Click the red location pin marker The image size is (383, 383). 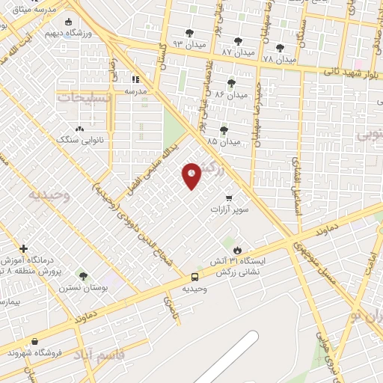(192, 175)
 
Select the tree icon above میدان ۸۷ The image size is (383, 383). (238, 41)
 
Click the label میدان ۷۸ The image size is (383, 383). (280, 58)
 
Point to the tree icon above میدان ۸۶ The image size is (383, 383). (230, 83)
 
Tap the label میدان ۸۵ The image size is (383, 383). (224, 141)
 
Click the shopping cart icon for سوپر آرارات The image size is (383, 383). (229, 198)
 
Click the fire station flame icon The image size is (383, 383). (237, 249)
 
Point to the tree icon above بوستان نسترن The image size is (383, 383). (83, 276)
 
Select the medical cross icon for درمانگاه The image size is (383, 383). (24, 248)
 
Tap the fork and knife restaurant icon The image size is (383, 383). (135, 79)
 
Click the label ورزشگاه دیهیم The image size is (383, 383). (69, 34)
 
